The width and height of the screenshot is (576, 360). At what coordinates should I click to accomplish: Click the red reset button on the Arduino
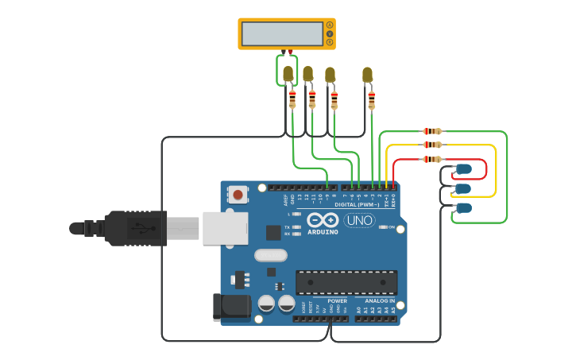[238, 193]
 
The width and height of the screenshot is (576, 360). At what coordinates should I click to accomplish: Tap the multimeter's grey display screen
[282, 33]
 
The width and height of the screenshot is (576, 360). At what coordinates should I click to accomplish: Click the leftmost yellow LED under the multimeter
[288, 74]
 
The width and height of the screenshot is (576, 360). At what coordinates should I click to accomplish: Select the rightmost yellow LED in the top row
[367, 75]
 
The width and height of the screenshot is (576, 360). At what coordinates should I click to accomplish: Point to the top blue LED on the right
[463, 169]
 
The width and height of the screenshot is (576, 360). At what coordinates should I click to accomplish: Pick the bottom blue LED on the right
[463, 208]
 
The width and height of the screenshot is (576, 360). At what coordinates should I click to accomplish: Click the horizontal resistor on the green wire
[432, 131]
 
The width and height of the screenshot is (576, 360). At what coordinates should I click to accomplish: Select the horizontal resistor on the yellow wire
[432, 145]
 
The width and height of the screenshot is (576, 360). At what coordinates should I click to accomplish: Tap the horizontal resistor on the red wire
[432, 159]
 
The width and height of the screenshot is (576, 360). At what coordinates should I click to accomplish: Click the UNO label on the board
[359, 220]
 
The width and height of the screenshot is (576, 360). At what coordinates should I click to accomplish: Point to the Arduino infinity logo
[323, 220]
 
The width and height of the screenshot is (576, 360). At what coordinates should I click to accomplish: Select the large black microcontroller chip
[346, 282]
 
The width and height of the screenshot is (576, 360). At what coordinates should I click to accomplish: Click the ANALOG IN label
[379, 301]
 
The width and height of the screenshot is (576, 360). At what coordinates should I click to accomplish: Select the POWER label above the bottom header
[338, 301]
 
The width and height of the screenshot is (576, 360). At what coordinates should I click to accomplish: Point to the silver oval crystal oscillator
[271, 256]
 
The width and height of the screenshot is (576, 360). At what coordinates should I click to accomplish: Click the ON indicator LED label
[391, 227]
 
